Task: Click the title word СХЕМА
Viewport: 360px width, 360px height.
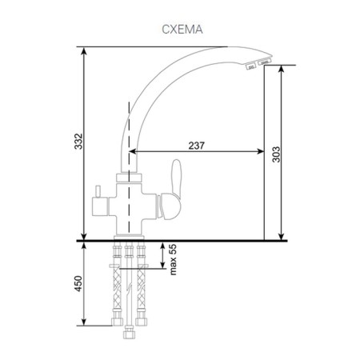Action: point(182,30)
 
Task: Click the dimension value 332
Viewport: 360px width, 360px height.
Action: point(78,141)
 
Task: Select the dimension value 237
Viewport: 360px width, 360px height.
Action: point(197,146)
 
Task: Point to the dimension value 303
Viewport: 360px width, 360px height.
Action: point(276,154)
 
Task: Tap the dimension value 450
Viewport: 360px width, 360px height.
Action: point(78,283)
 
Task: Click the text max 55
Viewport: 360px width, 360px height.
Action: point(173,259)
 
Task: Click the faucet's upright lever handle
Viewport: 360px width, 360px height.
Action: point(176,179)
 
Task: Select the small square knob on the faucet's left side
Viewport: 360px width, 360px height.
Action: point(100,206)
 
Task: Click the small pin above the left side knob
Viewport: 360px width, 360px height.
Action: point(98,191)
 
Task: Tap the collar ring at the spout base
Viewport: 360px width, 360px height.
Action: point(129,178)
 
